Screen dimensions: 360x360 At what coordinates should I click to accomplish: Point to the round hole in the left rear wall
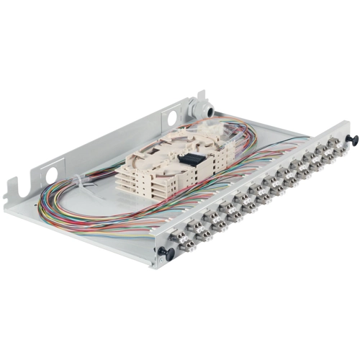(x=52, y=174)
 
